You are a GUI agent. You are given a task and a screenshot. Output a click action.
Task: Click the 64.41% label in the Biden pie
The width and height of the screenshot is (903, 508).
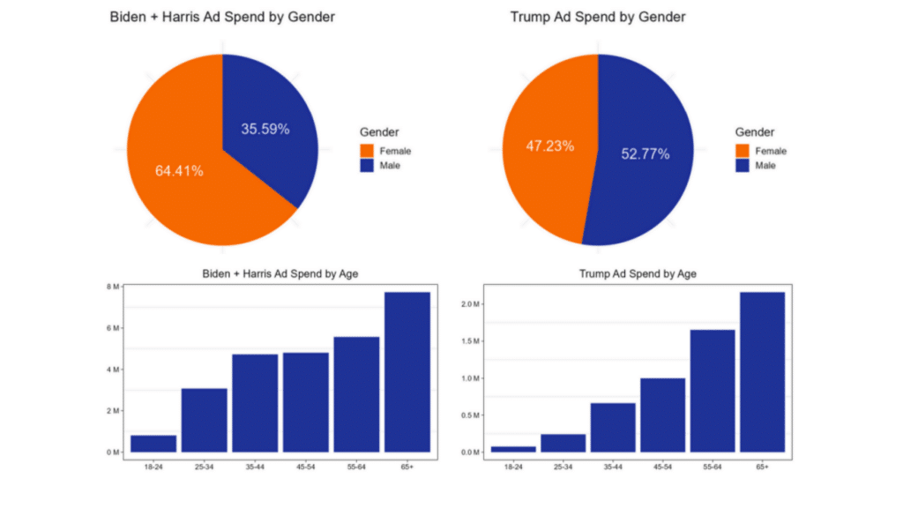[x=179, y=171]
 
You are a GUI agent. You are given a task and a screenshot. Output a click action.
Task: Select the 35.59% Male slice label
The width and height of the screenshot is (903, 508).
[x=265, y=129]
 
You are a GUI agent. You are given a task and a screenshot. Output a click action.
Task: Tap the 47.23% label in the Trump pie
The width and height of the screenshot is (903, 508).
[x=550, y=146]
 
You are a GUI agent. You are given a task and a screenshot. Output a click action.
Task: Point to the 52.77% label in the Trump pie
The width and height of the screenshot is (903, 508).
[x=645, y=154]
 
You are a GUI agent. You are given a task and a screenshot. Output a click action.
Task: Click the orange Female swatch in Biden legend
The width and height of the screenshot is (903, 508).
[x=367, y=151]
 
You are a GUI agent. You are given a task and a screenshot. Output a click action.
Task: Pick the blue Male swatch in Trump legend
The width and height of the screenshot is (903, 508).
[x=743, y=166]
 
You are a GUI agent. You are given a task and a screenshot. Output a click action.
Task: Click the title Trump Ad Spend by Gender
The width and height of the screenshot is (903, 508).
[x=598, y=17]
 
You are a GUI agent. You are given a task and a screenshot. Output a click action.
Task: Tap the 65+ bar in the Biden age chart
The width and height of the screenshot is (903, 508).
[x=407, y=371]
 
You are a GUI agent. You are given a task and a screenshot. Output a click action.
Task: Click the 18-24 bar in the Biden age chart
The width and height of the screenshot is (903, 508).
[x=153, y=443]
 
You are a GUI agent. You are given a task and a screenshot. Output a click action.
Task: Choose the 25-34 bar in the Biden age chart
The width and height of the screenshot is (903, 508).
[x=205, y=420]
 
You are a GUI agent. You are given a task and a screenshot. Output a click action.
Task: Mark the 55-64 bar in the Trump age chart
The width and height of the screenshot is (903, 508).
[x=712, y=391]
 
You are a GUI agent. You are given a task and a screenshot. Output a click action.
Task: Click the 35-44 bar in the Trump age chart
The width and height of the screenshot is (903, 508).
[x=613, y=427]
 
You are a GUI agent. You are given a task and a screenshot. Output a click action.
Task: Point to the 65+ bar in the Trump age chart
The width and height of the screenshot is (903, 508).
[x=762, y=371]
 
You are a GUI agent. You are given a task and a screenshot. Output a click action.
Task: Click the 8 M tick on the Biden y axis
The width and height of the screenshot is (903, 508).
[x=113, y=287]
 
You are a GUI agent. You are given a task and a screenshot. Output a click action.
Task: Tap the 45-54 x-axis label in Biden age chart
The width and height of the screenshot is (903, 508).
[x=305, y=466]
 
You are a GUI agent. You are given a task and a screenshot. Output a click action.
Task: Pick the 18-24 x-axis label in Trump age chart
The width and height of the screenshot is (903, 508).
[x=513, y=466]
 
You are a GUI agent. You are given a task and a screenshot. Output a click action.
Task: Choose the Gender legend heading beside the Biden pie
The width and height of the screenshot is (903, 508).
[x=379, y=131]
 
